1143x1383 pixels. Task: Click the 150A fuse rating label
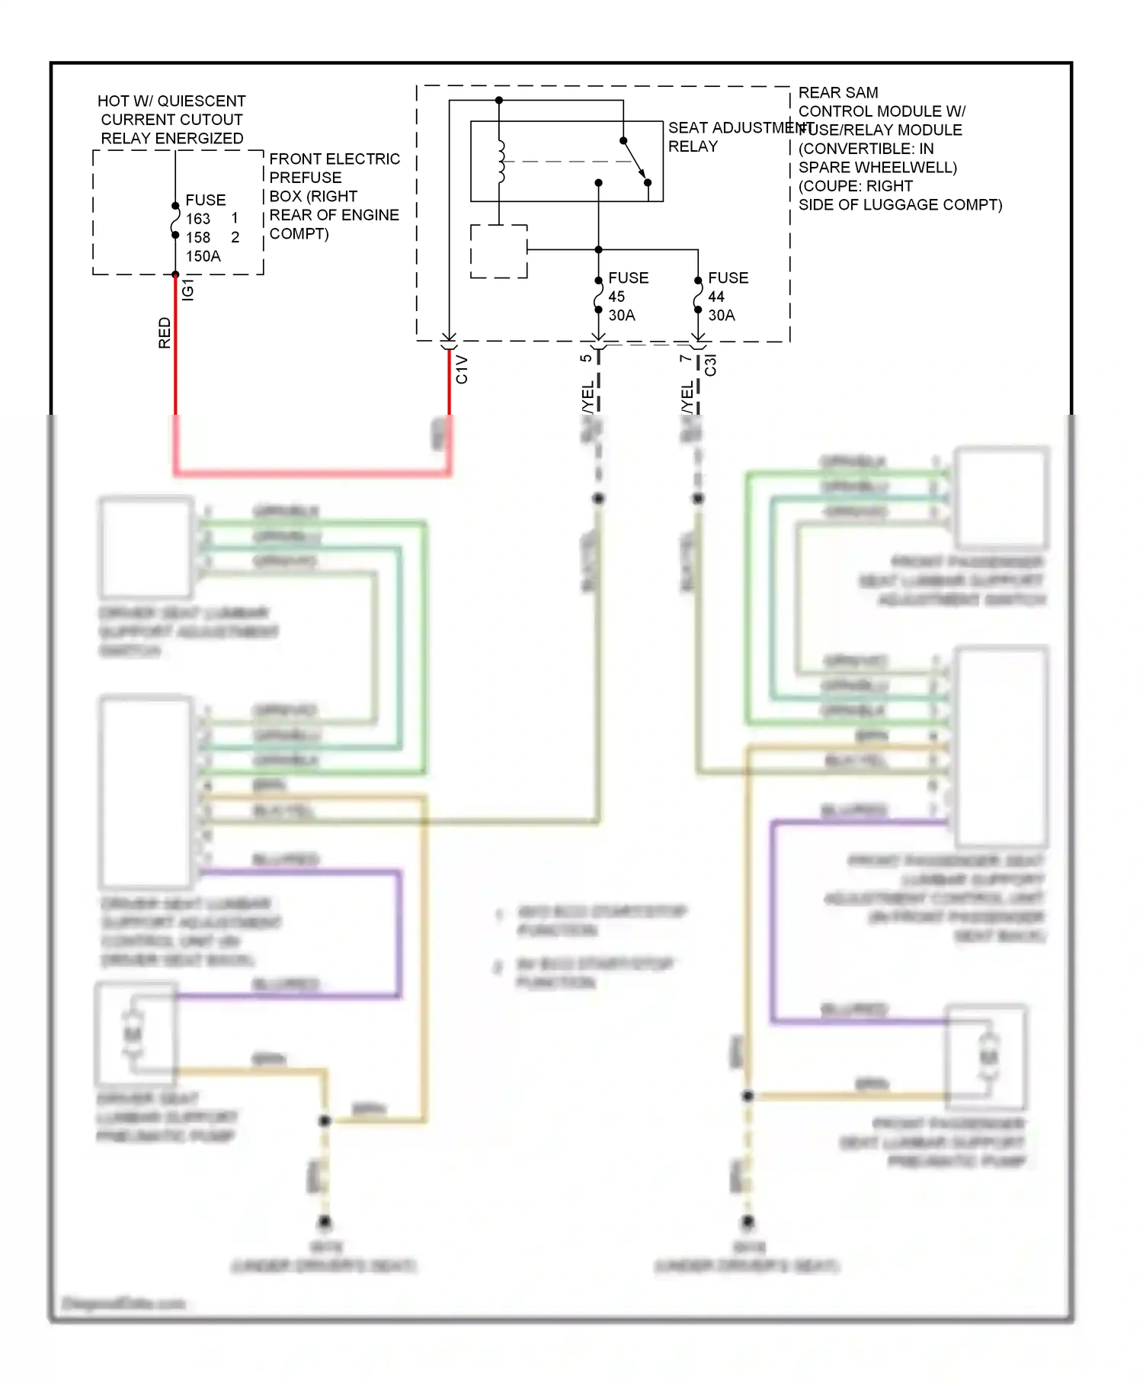pos(203,256)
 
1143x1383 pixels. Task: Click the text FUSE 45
pos(628,287)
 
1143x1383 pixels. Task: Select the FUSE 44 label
pos(728,287)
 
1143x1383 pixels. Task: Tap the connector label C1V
pos(462,370)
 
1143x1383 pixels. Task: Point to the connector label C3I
pos(710,364)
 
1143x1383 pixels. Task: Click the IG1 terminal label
pos(188,290)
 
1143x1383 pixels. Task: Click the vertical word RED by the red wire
pos(165,333)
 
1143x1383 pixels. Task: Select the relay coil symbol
pos(501,162)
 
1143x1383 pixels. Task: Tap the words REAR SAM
pos(838,92)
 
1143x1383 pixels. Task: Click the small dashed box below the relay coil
pos(498,251)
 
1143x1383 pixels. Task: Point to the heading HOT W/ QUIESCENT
pos(171,101)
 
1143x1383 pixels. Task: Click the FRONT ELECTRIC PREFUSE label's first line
pos(334,159)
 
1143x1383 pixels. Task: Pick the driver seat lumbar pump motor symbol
pos(133,1035)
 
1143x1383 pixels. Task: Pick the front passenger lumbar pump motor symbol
pos(988,1057)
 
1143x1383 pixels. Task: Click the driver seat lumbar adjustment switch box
pos(146,547)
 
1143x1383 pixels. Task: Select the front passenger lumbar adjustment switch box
pos(1001,498)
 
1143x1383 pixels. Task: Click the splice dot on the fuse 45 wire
pos(598,499)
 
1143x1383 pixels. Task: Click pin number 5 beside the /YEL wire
pos(585,358)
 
